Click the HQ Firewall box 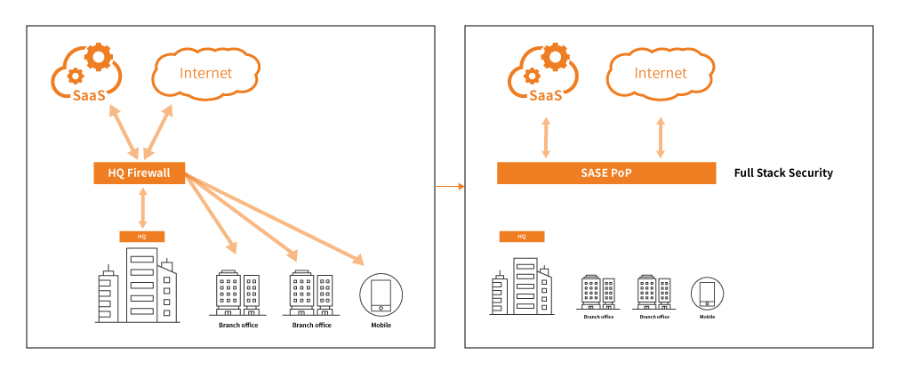(x=139, y=173)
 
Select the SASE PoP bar (x=605, y=173)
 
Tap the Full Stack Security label (x=783, y=173)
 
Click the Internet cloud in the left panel (x=205, y=73)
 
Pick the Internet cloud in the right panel (x=661, y=73)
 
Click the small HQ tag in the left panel (x=142, y=237)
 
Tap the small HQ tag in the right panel (x=522, y=237)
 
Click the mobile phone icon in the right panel (x=707, y=294)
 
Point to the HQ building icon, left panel (x=137, y=285)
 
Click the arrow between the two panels (x=451, y=186)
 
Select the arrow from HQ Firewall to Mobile (x=276, y=219)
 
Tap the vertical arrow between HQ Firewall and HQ (x=142, y=207)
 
